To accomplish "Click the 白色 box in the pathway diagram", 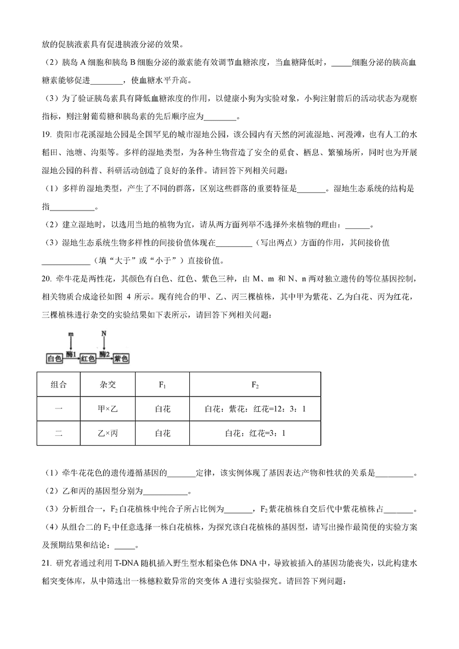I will click(x=54, y=358).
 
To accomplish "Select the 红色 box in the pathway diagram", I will click(x=88, y=358).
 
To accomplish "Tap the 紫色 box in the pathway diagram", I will click(x=121, y=358).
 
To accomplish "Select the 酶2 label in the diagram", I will click(x=105, y=353).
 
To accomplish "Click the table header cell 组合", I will click(x=58, y=384).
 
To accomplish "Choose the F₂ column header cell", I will click(x=255, y=384).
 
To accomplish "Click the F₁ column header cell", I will click(x=162, y=384).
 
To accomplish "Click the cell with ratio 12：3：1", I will click(x=255, y=409).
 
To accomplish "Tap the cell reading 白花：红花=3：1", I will click(x=255, y=433).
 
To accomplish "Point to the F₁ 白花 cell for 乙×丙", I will click(x=162, y=433).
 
